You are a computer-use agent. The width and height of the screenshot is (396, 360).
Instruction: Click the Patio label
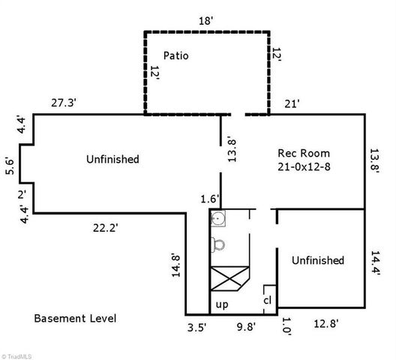click(175, 55)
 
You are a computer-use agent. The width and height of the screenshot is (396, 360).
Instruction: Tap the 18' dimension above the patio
click(206, 21)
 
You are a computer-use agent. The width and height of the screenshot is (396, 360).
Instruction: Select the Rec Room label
click(304, 153)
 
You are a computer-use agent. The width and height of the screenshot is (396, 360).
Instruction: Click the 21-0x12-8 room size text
click(304, 166)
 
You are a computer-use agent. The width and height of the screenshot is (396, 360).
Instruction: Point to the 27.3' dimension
click(64, 103)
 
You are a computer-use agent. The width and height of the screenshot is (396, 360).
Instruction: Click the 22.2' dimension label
click(106, 228)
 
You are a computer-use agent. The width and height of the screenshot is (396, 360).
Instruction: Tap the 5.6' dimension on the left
click(10, 166)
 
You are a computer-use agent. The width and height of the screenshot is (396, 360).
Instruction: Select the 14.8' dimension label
click(176, 265)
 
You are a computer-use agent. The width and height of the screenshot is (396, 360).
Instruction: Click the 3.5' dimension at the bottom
click(197, 328)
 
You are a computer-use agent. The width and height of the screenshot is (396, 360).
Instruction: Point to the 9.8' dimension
click(246, 327)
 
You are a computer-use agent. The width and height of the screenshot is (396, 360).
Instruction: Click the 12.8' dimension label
click(325, 323)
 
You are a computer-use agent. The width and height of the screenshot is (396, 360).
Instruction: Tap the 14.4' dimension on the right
click(375, 262)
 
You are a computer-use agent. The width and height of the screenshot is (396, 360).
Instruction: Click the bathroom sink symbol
click(218, 218)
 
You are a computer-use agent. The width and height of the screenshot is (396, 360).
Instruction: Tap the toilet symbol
click(217, 244)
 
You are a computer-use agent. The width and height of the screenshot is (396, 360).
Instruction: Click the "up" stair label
click(222, 304)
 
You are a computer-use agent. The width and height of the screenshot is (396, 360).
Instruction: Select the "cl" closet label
click(268, 300)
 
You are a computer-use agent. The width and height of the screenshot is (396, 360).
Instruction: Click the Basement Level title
click(75, 318)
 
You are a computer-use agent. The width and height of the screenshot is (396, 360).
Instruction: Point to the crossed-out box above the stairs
click(229, 278)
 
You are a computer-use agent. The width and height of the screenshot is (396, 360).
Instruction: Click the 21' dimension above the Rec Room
click(292, 103)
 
